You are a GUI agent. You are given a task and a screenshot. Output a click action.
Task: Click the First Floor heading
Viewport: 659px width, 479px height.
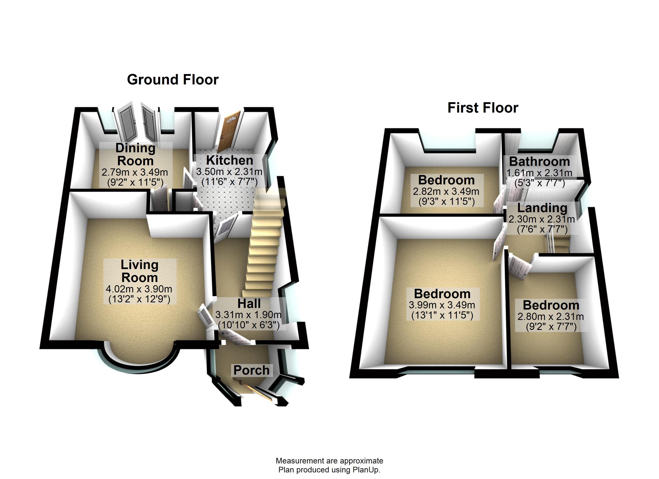coord(483,108)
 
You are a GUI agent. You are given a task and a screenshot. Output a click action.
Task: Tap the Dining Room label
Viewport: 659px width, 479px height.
coord(135,154)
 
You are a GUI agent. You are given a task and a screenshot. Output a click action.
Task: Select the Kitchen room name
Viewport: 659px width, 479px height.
coord(229,160)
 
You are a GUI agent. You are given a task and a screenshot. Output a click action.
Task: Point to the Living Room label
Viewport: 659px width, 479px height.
coord(139,271)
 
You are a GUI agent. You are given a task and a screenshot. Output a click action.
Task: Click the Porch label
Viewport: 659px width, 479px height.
coord(251,370)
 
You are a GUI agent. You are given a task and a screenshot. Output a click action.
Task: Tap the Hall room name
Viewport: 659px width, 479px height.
coord(249,304)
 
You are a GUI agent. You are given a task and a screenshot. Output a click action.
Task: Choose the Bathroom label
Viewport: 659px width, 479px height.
coord(539,161)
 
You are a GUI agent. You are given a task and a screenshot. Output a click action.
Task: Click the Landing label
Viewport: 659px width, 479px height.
coord(542,208)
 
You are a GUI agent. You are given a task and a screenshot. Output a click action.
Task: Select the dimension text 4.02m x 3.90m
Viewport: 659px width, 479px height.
coord(139,289)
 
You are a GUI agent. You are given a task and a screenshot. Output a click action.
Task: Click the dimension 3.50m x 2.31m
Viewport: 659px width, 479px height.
coord(229,172)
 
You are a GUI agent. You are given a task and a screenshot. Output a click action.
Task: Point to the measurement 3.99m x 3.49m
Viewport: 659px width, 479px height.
coord(442,305)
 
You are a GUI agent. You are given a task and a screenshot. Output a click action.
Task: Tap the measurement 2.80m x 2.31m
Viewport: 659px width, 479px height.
coord(551,316)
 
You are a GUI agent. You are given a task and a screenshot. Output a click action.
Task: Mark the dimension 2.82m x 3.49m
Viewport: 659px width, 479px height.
coord(446,191)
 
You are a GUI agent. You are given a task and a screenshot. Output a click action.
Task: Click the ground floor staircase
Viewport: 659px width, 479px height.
coord(263,247)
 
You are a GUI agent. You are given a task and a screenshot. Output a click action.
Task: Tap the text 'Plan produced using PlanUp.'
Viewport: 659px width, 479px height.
coord(329,470)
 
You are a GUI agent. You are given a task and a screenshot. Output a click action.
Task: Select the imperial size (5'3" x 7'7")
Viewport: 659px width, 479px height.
coord(540,183)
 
